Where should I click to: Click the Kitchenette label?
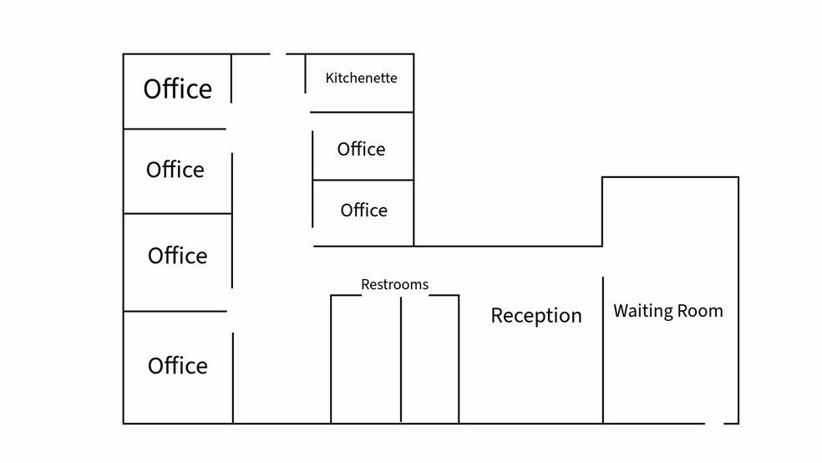coord(361,78)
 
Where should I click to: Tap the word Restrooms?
coord(395,285)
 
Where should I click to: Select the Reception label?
coord(536,316)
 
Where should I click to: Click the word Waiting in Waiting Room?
coord(643,311)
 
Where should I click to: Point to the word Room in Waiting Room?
coord(700,311)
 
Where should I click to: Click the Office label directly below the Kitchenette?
coord(361,150)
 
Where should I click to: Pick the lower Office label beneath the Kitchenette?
coord(364,211)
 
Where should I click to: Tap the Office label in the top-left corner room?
coord(178,89)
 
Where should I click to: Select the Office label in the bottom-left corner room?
coord(178,366)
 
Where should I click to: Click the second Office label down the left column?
coord(175,170)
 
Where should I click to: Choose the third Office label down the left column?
coord(178,256)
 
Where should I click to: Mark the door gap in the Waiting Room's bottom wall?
coord(714,423)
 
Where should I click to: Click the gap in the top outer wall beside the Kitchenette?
coord(278,53)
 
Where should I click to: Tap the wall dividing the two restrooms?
coord(401,359)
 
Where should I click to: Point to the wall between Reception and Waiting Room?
coord(603,350)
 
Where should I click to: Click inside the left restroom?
coord(366,359)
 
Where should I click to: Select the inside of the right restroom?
coord(430,359)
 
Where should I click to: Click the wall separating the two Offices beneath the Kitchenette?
coord(363,180)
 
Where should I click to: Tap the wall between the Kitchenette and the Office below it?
coord(362,112)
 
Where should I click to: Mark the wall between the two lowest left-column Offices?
coord(175,311)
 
